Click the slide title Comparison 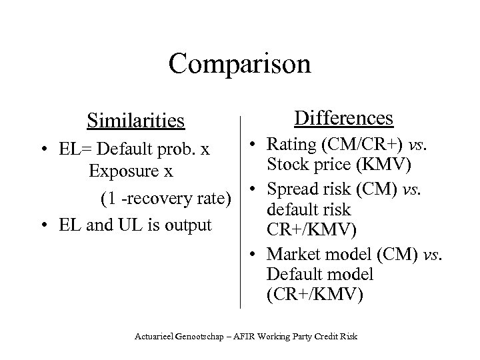[x=239, y=64]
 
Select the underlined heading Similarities [x=135, y=121]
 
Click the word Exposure [x=121, y=171]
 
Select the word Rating [x=288, y=143]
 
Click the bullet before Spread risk [x=255, y=191]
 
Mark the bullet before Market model [x=255, y=255]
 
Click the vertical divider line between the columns [x=239, y=213]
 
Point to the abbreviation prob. [x=192, y=145]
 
